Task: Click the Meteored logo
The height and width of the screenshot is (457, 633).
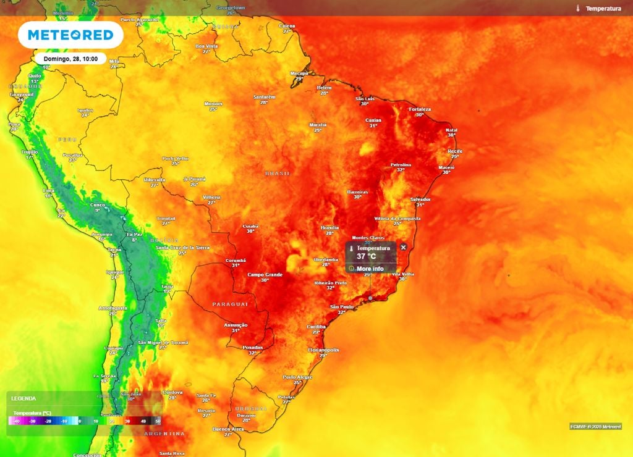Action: coord(66,35)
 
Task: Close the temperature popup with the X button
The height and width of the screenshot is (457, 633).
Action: coord(404,247)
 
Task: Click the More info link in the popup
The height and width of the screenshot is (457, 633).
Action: coord(370,269)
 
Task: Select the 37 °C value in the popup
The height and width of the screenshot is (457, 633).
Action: coord(366,256)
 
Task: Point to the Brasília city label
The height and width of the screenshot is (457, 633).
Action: coord(329,228)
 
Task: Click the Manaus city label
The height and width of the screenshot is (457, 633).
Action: coord(213,104)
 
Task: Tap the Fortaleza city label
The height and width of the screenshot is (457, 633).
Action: coord(420,109)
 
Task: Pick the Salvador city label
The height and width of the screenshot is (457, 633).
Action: coord(420,199)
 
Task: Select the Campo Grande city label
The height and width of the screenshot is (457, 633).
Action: coord(265,274)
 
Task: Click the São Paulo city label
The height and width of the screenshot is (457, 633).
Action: coord(341,307)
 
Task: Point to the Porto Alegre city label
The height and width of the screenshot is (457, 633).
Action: coord(297,377)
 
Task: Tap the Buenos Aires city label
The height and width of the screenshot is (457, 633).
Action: coord(227,429)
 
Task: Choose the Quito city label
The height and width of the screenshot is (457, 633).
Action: coord(35,75)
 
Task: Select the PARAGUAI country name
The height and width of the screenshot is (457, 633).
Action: coord(230,304)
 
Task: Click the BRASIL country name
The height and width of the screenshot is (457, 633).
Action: coord(278,174)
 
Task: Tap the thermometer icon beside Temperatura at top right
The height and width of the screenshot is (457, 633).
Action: coord(577,9)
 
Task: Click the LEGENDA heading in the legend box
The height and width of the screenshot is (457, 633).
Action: coord(23,399)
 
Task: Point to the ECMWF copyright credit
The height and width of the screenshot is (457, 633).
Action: coord(595,427)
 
